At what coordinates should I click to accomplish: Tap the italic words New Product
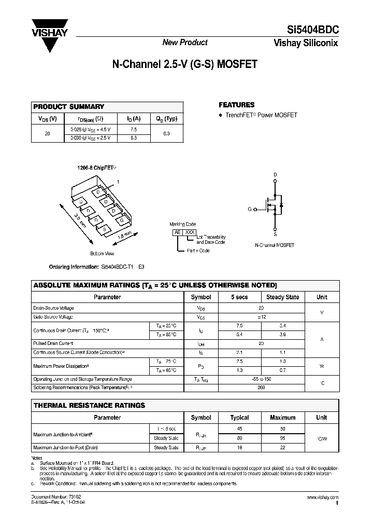185,43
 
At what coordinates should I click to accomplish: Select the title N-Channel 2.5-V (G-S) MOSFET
184,65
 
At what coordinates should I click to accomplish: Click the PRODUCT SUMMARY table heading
69,107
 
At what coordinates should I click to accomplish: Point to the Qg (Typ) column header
166,119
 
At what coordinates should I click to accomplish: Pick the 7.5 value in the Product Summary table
134,129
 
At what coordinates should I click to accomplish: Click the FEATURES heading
237,105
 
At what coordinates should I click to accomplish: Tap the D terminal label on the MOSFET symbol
275,175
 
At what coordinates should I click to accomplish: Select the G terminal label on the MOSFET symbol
249,209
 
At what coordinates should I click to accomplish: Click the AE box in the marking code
178,233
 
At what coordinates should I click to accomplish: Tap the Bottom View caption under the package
102,254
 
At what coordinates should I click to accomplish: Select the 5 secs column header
239,297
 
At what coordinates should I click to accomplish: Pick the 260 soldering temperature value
261,387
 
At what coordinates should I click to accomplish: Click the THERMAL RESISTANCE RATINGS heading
89,405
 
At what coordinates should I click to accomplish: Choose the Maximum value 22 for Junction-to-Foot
283,447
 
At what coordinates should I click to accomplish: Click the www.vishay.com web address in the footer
322,497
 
